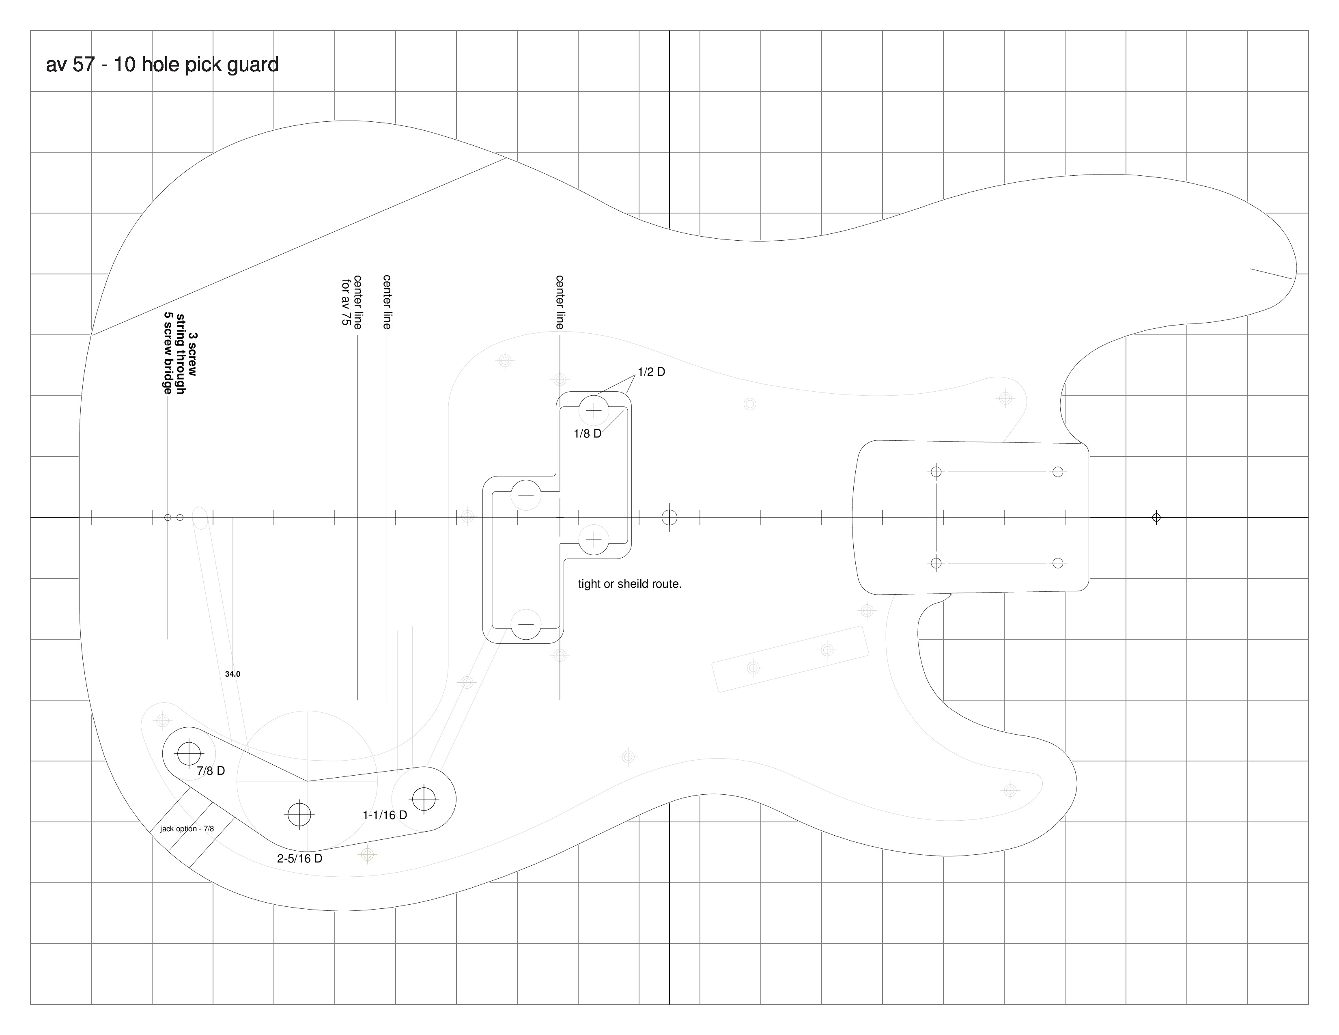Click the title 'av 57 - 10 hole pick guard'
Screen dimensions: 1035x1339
coord(162,65)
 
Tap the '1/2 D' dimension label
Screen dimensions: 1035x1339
coord(651,372)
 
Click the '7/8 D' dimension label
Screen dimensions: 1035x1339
coord(211,771)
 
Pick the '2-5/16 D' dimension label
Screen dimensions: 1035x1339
coord(300,858)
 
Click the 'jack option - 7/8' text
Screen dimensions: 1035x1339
coord(187,829)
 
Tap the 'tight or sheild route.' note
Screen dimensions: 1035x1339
coord(630,584)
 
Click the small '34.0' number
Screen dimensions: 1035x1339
coord(232,674)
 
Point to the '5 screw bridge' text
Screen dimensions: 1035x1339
coord(167,353)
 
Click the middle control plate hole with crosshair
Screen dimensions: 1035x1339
coord(299,814)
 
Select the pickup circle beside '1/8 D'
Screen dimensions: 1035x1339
coord(594,410)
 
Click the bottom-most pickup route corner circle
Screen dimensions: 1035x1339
coord(526,625)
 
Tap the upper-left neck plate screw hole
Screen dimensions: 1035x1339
coord(936,472)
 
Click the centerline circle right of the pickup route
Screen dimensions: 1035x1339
coord(669,517)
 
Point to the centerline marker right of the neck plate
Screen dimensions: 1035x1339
coord(1156,517)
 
